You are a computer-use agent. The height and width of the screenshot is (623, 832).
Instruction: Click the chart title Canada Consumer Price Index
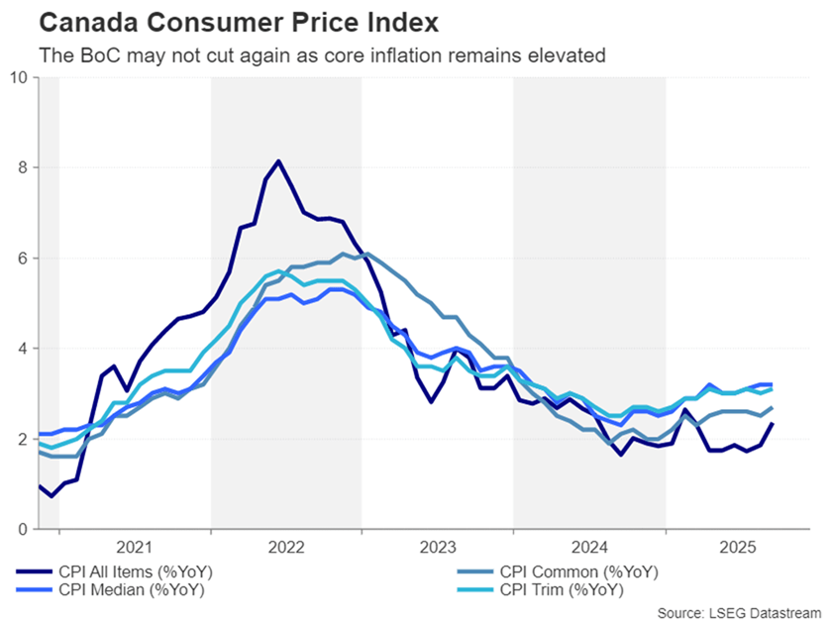tap(222, 21)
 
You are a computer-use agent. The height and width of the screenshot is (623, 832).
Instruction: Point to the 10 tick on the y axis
tap(19, 76)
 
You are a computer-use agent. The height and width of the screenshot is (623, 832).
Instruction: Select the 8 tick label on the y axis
tap(23, 167)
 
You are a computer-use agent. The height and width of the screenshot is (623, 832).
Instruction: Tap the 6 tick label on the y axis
tap(23, 258)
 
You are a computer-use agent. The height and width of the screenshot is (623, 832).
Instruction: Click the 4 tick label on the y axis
tap(23, 349)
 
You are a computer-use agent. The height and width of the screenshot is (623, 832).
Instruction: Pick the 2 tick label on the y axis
tap(23, 439)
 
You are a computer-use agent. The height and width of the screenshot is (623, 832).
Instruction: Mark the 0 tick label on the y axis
tap(23, 529)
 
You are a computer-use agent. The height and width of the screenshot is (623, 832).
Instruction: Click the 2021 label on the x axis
tap(135, 547)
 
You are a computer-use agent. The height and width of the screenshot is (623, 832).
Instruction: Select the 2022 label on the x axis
tap(286, 547)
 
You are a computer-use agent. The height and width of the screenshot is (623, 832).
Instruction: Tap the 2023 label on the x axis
tap(438, 547)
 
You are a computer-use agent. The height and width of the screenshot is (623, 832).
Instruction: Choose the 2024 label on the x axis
tap(589, 547)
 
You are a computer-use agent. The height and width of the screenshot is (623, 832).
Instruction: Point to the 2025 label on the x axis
tap(741, 547)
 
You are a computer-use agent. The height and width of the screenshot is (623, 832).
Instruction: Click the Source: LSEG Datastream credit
tap(738, 611)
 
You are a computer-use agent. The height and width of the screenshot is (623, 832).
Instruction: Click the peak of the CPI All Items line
tap(278, 160)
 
